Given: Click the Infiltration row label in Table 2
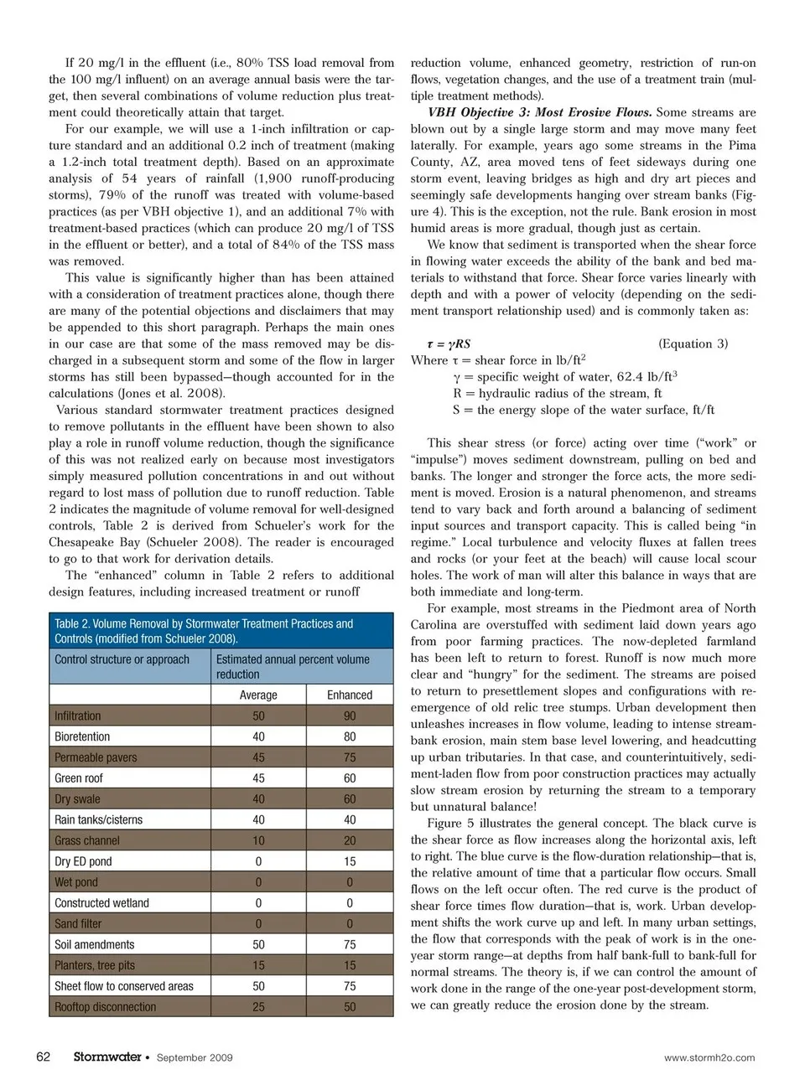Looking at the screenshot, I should [x=78, y=716].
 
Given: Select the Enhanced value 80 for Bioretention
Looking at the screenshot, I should [x=350, y=736].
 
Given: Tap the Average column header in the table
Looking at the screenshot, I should [x=258, y=695].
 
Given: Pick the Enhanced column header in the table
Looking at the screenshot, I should [x=350, y=695].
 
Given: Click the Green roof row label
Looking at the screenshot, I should [x=79, y=778].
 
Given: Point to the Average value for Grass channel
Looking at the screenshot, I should [x=258, y=840].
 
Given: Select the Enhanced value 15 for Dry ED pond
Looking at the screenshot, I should [x=350, y=861].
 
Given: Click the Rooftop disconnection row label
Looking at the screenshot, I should [x=106, y=1006].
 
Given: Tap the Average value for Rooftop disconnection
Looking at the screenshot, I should [x=258, y=1006].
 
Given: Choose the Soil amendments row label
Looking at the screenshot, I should [x=95, y=944].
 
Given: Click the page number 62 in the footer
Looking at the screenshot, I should [x=44, y=1057].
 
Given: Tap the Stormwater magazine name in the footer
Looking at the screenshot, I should [x=106, y=1057].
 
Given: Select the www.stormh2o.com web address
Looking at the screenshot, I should [x=709, y=1057].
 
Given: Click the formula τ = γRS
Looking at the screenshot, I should [x=449, y=344].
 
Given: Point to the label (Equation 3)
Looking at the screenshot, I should [x=693, y=344].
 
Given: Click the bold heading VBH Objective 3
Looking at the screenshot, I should [x=540, y=112].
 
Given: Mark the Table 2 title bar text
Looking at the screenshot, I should [x=204, y=631].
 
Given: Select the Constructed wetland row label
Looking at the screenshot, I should [x=102, y=902].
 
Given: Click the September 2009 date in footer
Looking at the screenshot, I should [x=195, y=1057].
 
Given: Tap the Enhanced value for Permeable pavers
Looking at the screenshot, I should [x=350, y=757].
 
